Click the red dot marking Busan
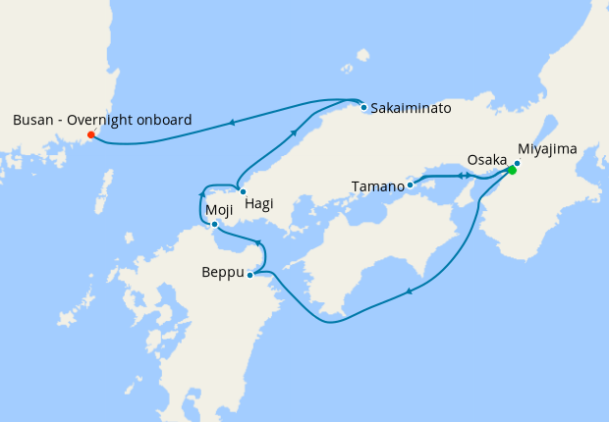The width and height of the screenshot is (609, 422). point(91,134)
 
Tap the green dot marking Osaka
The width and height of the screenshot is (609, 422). point(512,170)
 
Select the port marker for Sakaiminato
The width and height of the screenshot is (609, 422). point(363,107)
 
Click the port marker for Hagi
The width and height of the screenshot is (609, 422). point(243,191)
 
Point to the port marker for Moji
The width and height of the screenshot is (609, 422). point(215,225)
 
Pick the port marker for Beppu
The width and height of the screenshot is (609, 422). point(250,275)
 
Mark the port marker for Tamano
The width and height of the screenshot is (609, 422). point(410,185)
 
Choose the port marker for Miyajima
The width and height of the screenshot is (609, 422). point(518,163)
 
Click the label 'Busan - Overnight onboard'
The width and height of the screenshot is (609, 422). point(102,120)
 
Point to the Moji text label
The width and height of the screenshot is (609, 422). point(217,209)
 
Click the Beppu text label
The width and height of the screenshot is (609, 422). point(221,273)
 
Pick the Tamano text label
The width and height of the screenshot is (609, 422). point(377,185)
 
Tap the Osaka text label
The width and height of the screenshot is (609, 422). point(487,159)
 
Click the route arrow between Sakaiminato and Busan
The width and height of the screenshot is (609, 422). point(232,123)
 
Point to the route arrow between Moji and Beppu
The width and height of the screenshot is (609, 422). point(257,242)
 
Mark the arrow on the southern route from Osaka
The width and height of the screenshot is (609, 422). point(408,290)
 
